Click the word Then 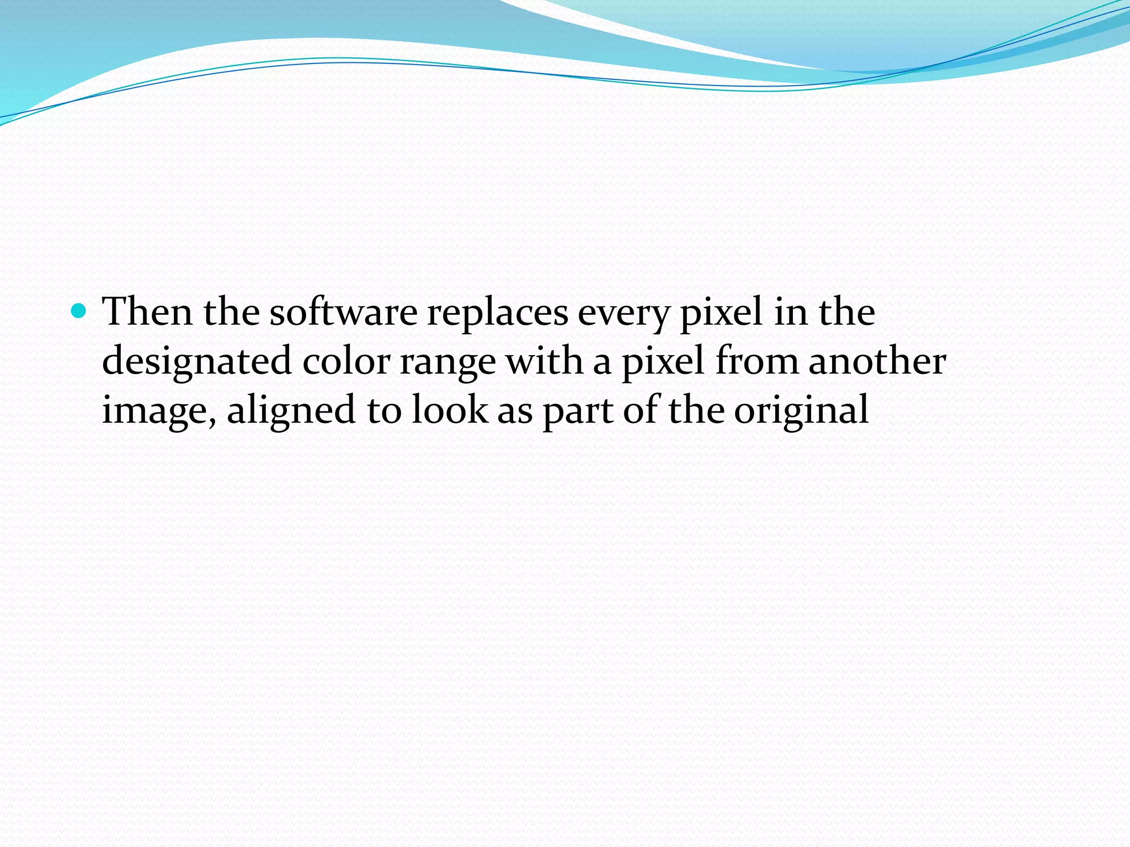click(x=148, y=312)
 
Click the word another click(x=877, y=361)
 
